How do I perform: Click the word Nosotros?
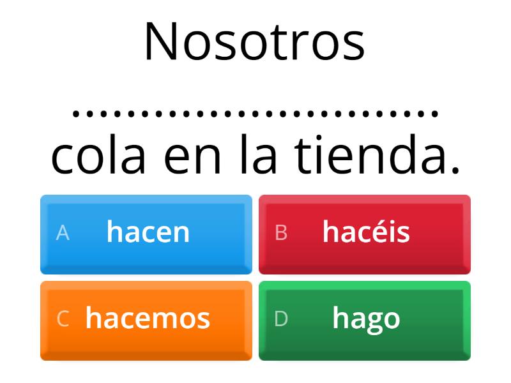[254, 42]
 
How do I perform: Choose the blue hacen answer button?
[146, 234]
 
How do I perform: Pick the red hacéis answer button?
[365, 234]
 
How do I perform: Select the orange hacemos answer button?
[146, 320]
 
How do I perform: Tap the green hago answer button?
[365, 320]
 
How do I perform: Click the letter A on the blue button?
[63, 234]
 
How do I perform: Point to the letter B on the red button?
[281, 234]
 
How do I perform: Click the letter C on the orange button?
[63, 320]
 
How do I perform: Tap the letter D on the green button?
[281, 320]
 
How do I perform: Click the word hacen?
[148, 232]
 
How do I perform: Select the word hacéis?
[366, 232]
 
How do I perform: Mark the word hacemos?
[148, 318]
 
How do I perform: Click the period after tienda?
[455, 172]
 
